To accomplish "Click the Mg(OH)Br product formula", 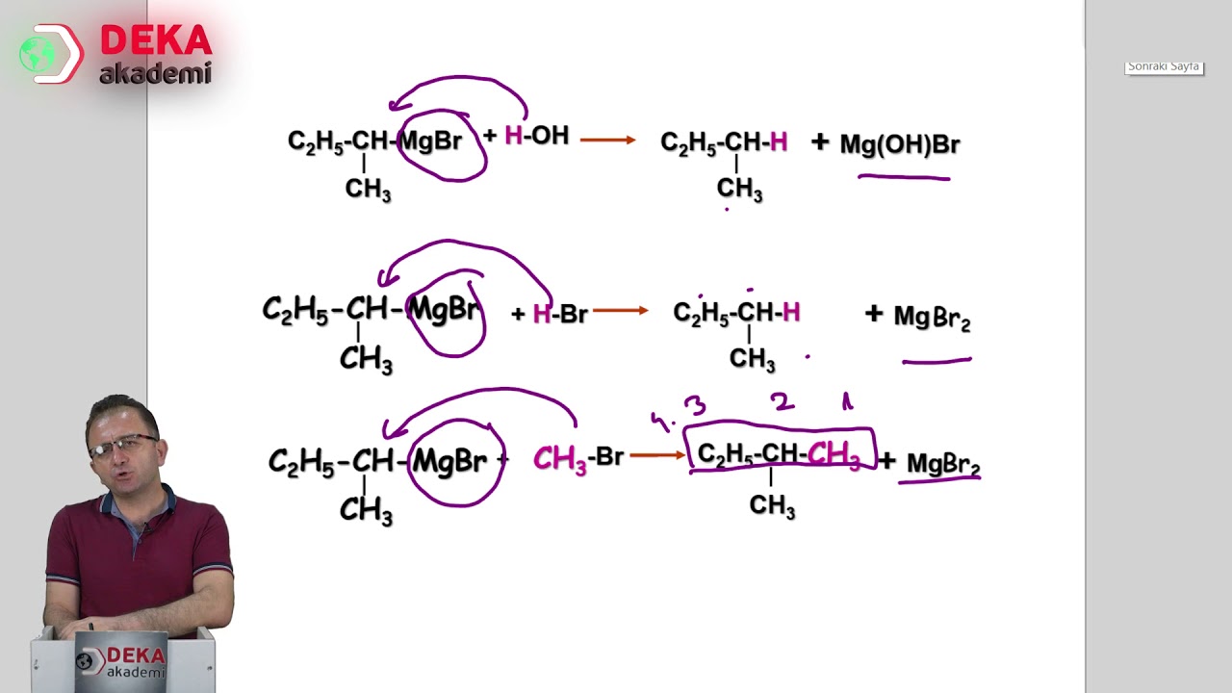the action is pos(900,144).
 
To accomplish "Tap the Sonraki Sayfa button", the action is pos(1164,67).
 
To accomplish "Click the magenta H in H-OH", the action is pos(513,136).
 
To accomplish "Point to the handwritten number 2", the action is pos(783,401).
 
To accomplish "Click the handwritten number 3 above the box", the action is pos(695,406).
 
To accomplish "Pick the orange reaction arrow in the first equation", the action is pos(607,141).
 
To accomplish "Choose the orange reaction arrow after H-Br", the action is pos(621,311).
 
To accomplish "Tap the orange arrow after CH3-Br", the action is pos(657,455).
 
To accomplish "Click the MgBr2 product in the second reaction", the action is pos(932,318).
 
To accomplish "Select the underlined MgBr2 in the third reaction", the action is pos(942,464).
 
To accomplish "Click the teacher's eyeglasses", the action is pos(123,445).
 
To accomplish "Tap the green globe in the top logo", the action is pos(38,54).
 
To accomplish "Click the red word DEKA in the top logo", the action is pos(156,39).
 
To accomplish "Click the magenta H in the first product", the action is pos(779,141).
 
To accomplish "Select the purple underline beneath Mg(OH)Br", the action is pos(904,177).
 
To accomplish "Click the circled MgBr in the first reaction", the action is pos(430,141).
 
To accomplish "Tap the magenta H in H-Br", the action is pos(542,314).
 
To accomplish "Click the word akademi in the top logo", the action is pos(156,73).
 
